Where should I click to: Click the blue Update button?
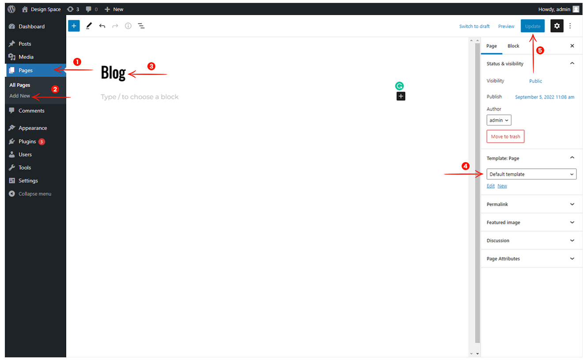pyautogui.click(x=532, y=26)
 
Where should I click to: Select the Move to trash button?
pyautogui.click(x=505, y=136)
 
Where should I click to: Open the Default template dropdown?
pyautogui.click(x=531, y=174)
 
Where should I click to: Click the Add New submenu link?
pyautogui.click(x=20, y=96)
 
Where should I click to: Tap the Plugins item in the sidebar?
pyautogui.click(x=27, y=141)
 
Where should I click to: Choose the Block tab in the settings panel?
pyautogui.click(x=513, y=46)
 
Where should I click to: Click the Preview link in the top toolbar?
pyautogui.click(x=506, y=26)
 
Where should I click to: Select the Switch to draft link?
pyautogui.click(x=474, y=26)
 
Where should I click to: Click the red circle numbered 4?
pyautogui.click(x=465, y=166)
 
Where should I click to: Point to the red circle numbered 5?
pyautogui.click(x=540, y=50)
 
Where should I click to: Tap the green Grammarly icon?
pyautogui.click(x=399, y=86)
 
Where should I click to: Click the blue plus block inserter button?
pyautogui.click(x=74, y=26)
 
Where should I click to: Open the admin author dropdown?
pyautogui.click(x=499, y=120)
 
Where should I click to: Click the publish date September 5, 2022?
pyautogui.click(x=545, y=97)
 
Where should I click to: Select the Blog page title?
pyautogui.click(x=113, y=72)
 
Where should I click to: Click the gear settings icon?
pyautogui.click(x=557, y=26)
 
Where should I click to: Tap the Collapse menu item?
pyautogui.click(x=30, y=194)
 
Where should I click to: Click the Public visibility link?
pyautogui.click(x=535, y=81)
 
